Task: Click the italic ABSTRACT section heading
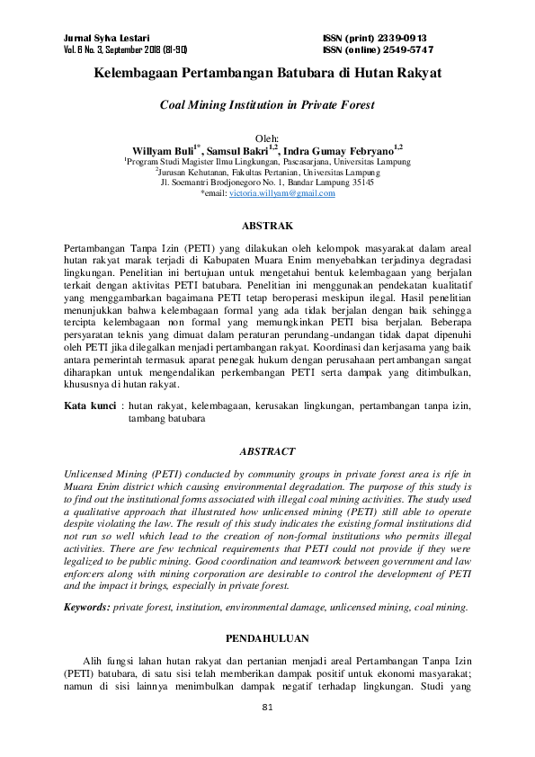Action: [x=267, y=451]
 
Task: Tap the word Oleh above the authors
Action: [x=267, y=138]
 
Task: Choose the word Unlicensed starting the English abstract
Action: [x=89, y=474]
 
